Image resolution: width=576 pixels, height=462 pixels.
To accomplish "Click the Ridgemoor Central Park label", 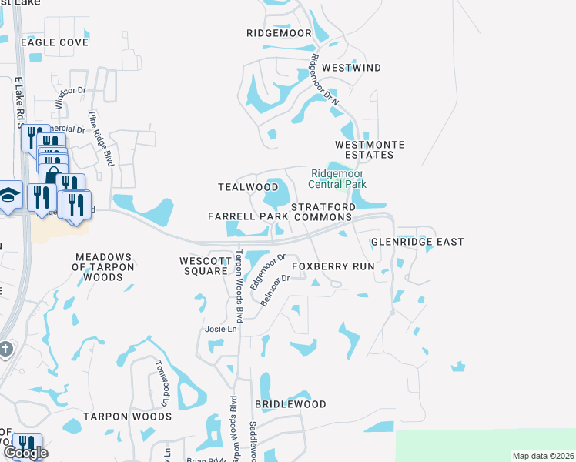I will (337, 179).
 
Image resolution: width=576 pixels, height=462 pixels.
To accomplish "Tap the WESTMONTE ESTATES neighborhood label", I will (364, 149).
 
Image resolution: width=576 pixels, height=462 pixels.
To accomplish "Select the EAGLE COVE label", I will (55, 42).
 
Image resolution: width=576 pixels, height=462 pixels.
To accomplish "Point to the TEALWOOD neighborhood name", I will (248, 187).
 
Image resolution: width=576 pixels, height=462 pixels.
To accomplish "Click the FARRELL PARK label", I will (248, 217).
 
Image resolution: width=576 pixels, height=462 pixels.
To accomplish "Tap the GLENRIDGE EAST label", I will (417, 242).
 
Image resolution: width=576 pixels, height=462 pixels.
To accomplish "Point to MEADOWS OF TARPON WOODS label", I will (105, 262).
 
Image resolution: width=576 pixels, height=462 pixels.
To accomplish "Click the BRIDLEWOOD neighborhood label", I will (290, 403).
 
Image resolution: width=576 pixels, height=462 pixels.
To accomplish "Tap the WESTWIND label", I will (351, 68).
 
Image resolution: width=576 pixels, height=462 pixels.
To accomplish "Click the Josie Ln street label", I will (221, 329).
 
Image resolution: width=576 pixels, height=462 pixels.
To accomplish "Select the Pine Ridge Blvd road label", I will (102, 139).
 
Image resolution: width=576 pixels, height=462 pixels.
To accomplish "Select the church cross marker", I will (5, 349).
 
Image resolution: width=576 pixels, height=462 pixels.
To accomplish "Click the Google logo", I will (25, 454).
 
